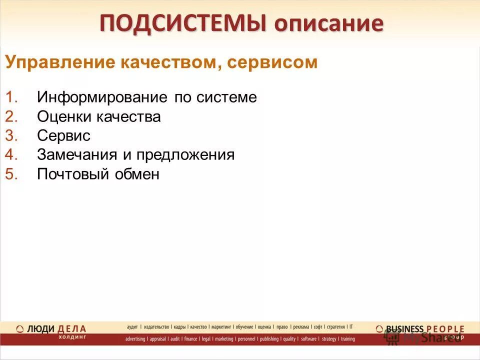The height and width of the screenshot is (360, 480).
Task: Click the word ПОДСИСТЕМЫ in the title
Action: point(182,23)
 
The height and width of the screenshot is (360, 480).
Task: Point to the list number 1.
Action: point(11,97)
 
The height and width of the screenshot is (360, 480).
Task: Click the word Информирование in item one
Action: point(102,97)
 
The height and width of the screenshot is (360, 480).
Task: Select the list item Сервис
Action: point(63,136)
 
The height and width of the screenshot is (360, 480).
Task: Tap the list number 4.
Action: point(11,155)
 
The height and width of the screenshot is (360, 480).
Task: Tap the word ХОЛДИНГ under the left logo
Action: point(72,337)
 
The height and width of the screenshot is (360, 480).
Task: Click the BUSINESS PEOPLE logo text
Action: point(424,328)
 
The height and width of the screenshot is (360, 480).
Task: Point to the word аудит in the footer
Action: point(132,327)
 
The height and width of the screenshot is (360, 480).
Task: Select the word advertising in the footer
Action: point(135,339)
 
